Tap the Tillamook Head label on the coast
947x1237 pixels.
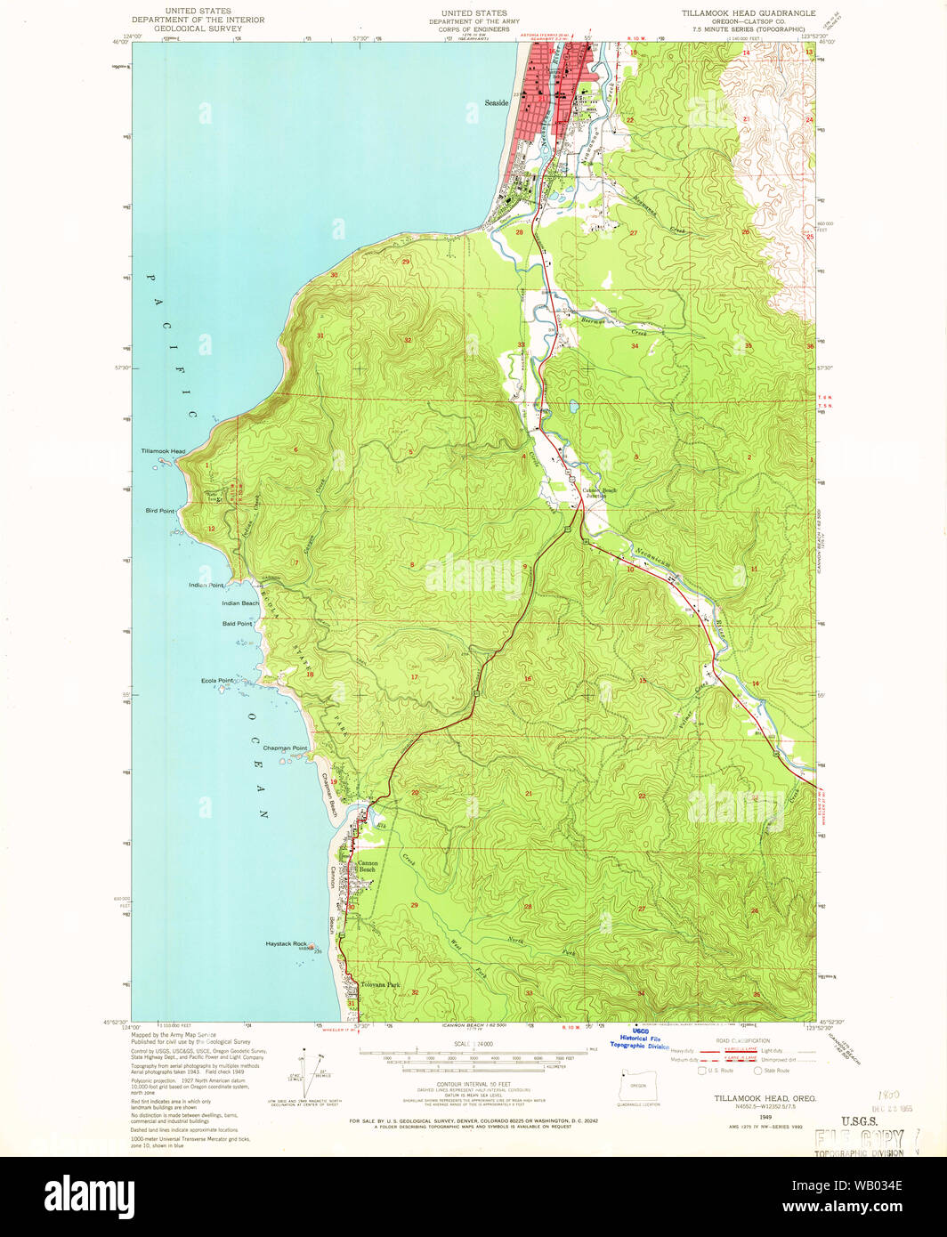tap(163, 451)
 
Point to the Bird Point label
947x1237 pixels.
tap(160, 511)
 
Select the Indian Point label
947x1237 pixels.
tap(206, 585)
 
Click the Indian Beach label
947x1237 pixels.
tap(240, 603)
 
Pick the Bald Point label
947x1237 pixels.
tap(238, 624)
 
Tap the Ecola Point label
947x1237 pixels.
tap(217, 681)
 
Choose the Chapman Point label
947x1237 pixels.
tap(285, 748)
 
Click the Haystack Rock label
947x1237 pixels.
tap(286, 943)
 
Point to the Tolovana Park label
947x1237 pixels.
tap(381, 985)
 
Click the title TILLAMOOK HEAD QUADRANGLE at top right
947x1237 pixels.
tap(748, 13)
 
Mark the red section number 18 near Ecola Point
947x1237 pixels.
tap(310, 675)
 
